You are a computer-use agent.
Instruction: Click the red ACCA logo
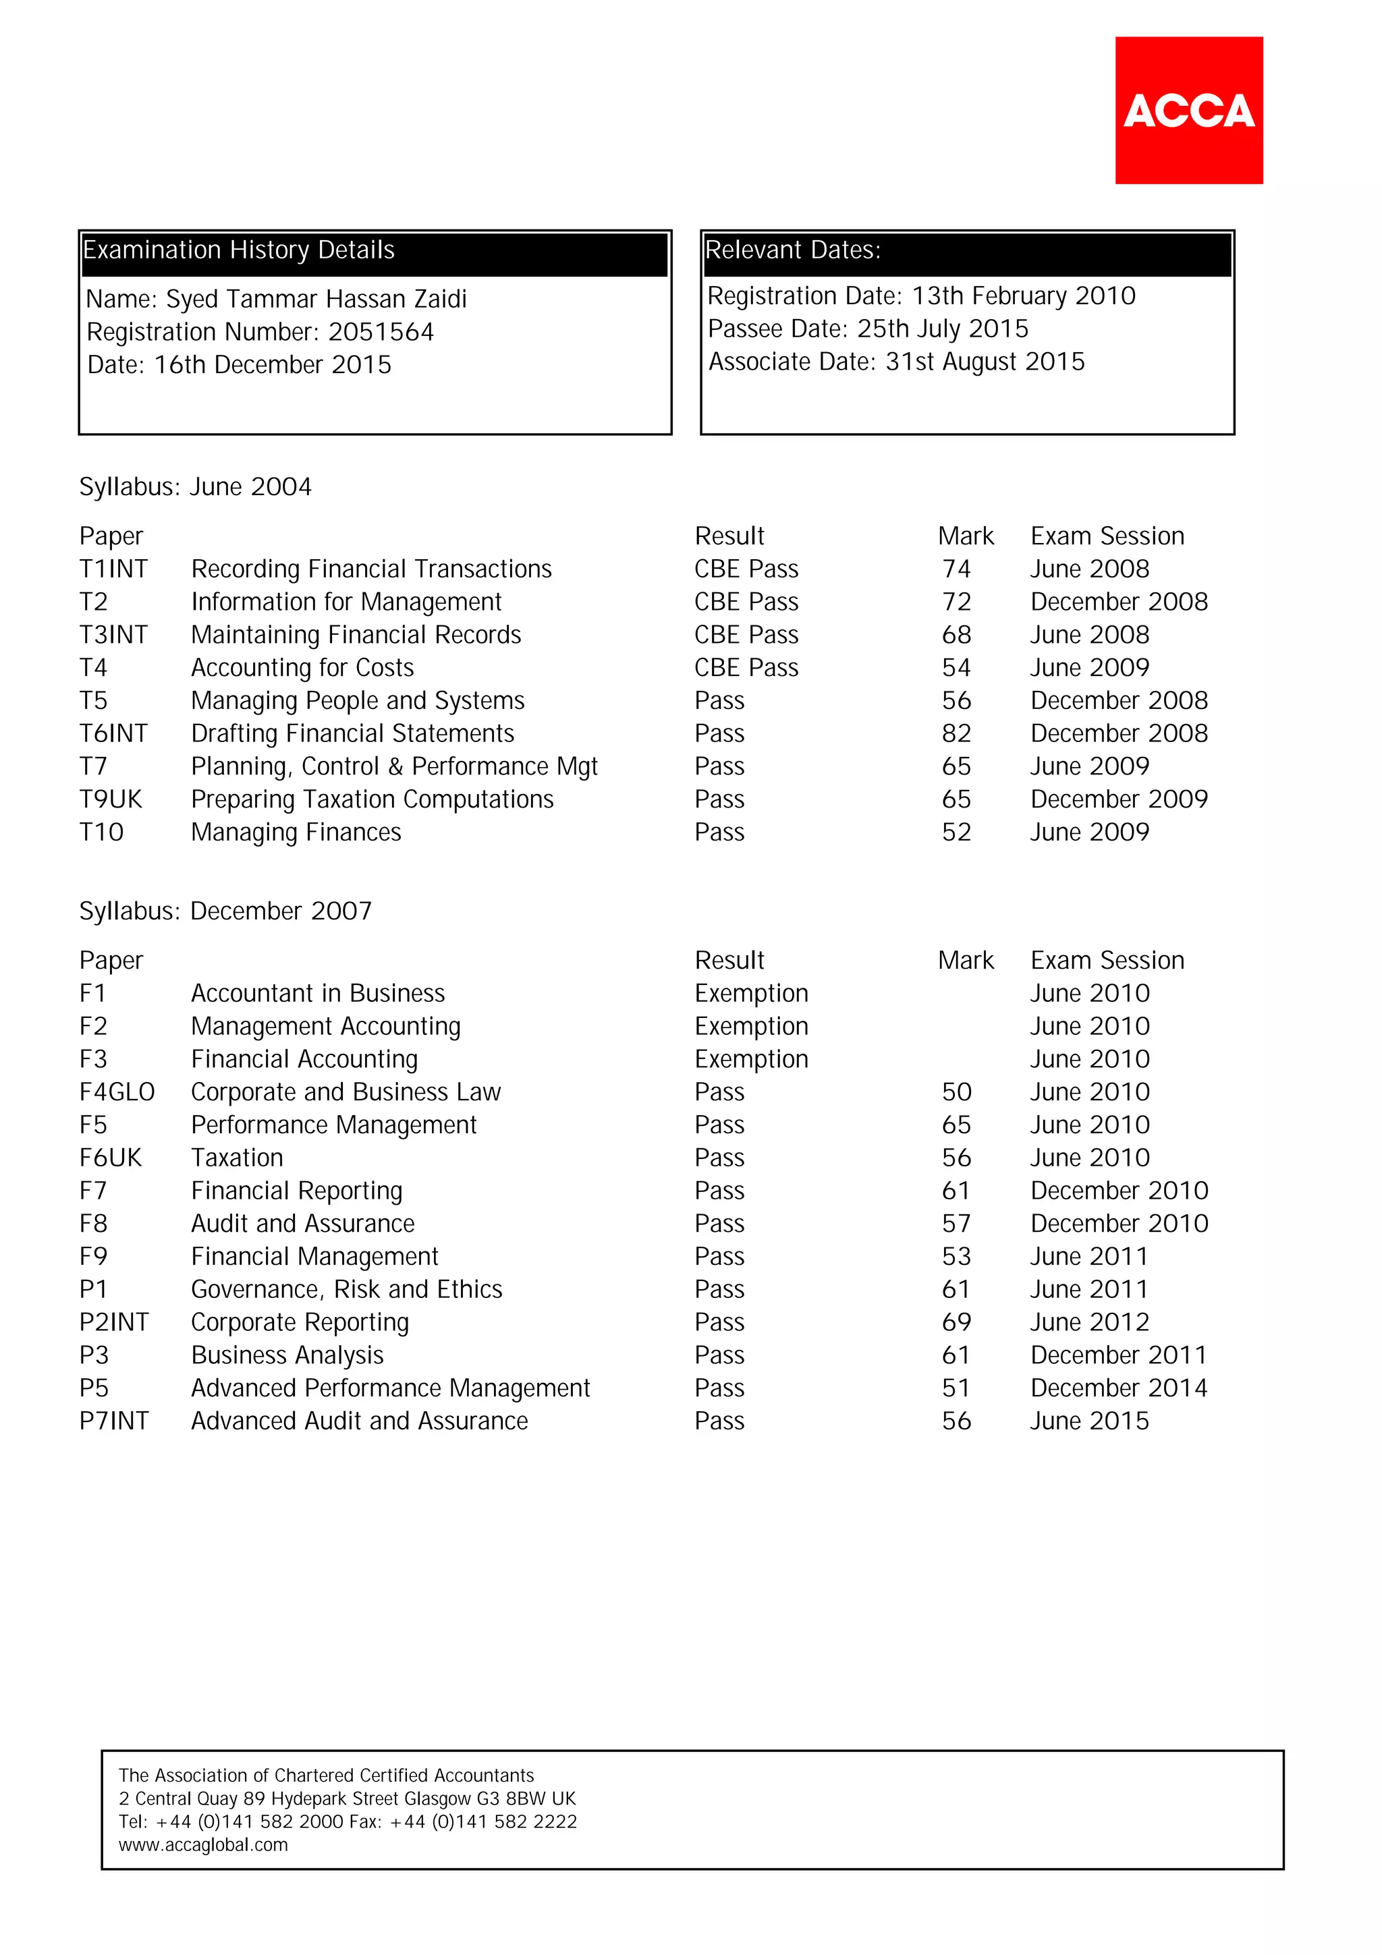tap(1189, 110)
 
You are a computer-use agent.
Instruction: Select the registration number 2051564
tap(381, 332)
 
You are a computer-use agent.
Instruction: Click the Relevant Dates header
tap(792, 250)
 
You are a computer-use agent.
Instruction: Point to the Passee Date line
tap(868, 329)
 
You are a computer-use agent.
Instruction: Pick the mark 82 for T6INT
tap(956, 733)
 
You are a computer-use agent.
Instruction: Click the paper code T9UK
tap(111, 799)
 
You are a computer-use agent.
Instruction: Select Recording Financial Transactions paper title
tap(371, 569)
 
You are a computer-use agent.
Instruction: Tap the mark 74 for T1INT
tap(956, 569)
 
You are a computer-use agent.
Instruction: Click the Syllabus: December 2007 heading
tap(225, 911)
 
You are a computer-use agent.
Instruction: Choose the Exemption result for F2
tap(751, 1026)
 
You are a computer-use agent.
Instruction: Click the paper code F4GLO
tap(117, 1092)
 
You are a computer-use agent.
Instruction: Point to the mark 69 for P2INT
tap(956, 1322)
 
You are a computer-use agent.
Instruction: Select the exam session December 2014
tap(1118, 1388)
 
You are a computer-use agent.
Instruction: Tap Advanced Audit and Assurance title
tap(360, 1421)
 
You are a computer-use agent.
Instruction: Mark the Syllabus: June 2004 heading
tap(195, 487)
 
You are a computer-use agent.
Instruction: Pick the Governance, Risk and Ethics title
tap(347, 1289)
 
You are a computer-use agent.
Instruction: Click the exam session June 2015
tap(1089, 1421)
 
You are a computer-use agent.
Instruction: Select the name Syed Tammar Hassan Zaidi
tap(316, 300)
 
